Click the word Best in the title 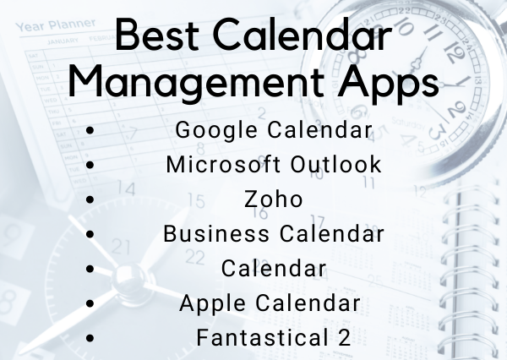(x=156, y=35)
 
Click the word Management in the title (x=196, y=83)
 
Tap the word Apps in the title (x=389, y=83)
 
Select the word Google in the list (x=216, y=131)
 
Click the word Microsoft (x=223, y=164)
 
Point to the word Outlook (x=335, y=164)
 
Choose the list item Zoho (x=274, y=199)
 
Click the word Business (x=216, y=233)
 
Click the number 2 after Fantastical (x=344, y=337)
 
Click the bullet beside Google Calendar (x=90, y=130)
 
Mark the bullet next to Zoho (x=90, y=199)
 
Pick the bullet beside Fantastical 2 (x=90, y=338)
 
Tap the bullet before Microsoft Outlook (x=90, y=165)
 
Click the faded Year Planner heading (x=56, y=25)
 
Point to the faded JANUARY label (x=63, y=41)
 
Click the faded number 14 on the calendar (x=125, y=188)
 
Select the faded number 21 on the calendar (x=121, y=247)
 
